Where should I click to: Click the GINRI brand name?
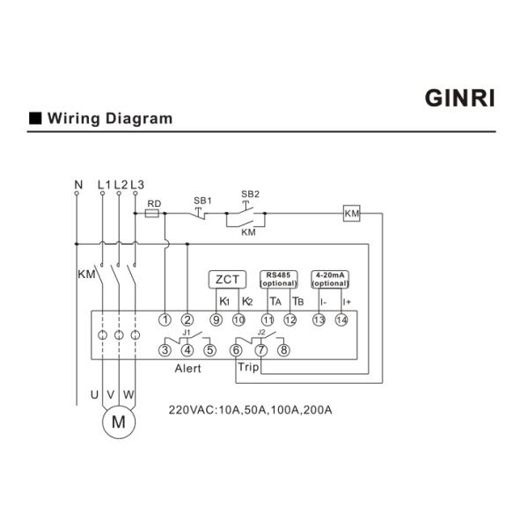pyautogui.click(x=460, y=98)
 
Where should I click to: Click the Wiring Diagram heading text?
pyautogui.click(x=110, y=118)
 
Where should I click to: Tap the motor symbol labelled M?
pyautogui.click(x=117, y=423)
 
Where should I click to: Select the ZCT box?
pyautogui.click(x=225, y=280)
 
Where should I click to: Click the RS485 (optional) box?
pyautogui.click(x=280, y=279)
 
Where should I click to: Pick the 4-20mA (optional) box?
pyautogui.click(x=331, y=279)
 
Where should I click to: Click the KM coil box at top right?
pyautogui.click(x=352, y=215)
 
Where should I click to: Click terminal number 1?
pyautogui.click(x=165, y=319)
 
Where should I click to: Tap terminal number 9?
pyautogui.click(x=216, y=319)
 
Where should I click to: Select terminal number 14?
pyautogui.click(x=342, y=319)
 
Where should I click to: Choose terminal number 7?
pyautogui.click(x=260, y=350)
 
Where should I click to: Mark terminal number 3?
pyautogui.click(x=165, y=350)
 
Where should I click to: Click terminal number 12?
pyautogui.click(x=290, y=319)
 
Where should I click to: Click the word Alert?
pyautogui.click(x=187, y=369)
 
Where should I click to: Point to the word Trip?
pyautogui.click(x=248, y=367)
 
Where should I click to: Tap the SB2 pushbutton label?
pyautogui.click(x=250, y=194)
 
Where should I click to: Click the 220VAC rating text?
pyautogui.click(x=250, y=410)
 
